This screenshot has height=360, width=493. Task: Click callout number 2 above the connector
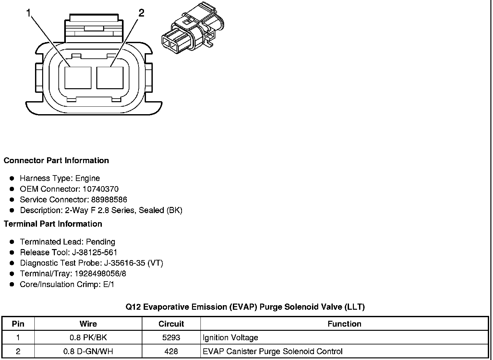click(x=141, y=13)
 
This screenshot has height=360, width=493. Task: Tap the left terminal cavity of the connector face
click(x=78, y=78)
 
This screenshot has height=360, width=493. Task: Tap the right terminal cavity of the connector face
click(x=110, y=78)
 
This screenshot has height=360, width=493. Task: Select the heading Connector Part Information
click(x=56, y=161)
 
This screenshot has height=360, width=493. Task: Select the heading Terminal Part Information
click(x=53, y=224)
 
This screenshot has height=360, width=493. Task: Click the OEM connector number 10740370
click(x=101, y=189)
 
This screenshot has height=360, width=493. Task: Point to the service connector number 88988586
click(x=109, y=200)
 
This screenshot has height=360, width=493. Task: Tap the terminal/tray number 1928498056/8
click(x=100, y=274)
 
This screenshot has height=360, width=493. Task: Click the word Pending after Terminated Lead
click(x=101, y=242)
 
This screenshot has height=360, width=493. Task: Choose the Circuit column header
click(x=171, y=324)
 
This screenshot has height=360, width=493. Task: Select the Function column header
click(x=344, y=324)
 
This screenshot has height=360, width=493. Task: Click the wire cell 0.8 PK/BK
click(x=88, y=338)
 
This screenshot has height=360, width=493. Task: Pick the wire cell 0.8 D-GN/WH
click(x=88, y=352)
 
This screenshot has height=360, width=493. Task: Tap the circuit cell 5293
click(x=171, y=338)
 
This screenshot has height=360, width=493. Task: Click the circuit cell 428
click(x=171, y=352)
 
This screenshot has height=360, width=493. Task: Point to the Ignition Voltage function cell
click(x=230, y=338)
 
